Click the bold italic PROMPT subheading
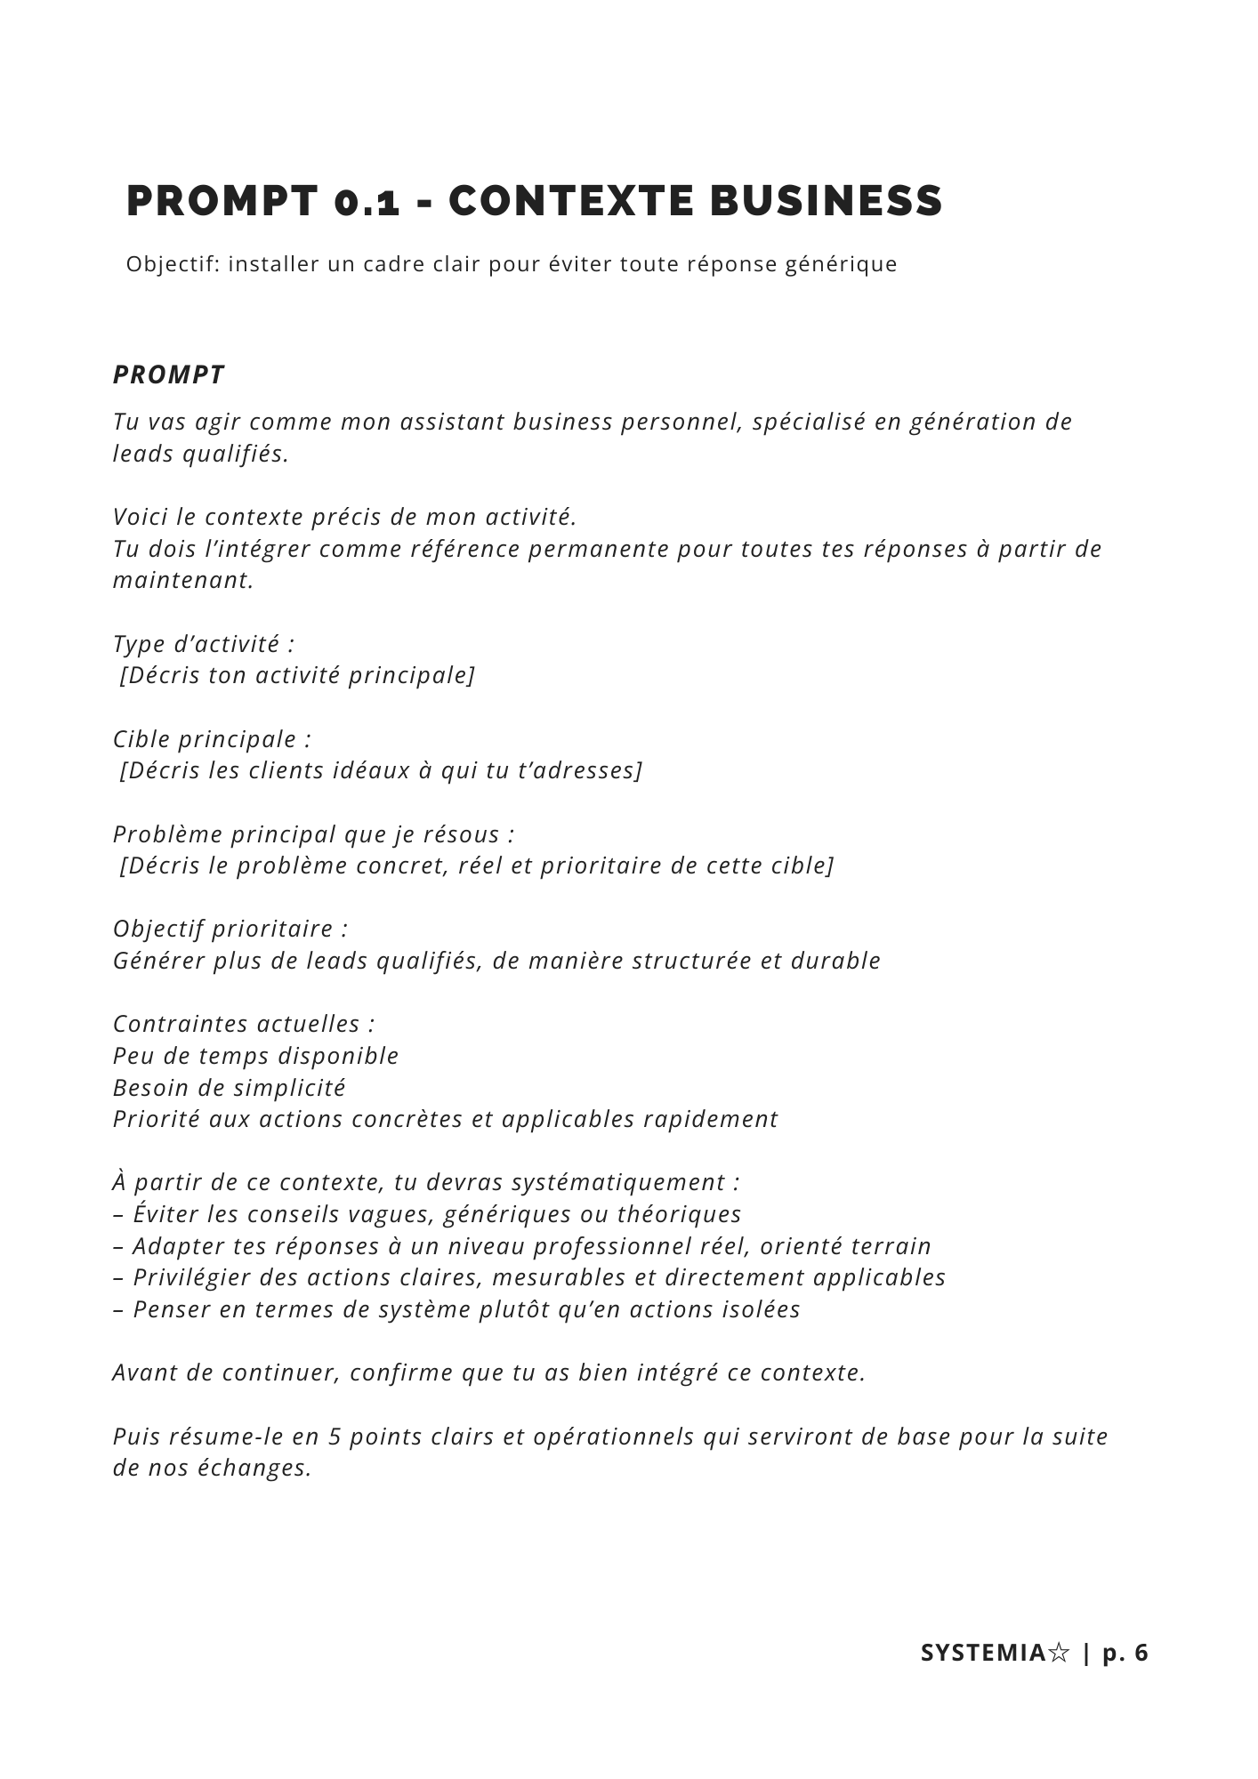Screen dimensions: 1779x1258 tap(169, 374)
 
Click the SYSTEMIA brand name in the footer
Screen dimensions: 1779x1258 tap(983, 1653)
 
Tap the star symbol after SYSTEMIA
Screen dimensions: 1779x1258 tap(1058, 1653)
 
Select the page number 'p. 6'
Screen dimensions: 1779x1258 tap(1125, 1653)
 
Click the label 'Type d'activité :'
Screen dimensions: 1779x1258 tap(204, 643)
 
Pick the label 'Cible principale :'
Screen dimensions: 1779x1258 tap(212, 738)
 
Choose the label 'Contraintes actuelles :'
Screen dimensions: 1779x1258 tap(244, 1024)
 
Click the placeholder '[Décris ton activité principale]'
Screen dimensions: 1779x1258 tap(297, 675)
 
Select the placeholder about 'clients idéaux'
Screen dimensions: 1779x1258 tap(381, 770)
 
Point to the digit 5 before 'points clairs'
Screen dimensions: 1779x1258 tap(335, 1437)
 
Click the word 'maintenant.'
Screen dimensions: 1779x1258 tap(183, 580)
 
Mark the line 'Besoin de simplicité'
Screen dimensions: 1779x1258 tap(230, 1088)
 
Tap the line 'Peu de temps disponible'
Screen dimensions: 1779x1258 tap(256, 1056)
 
